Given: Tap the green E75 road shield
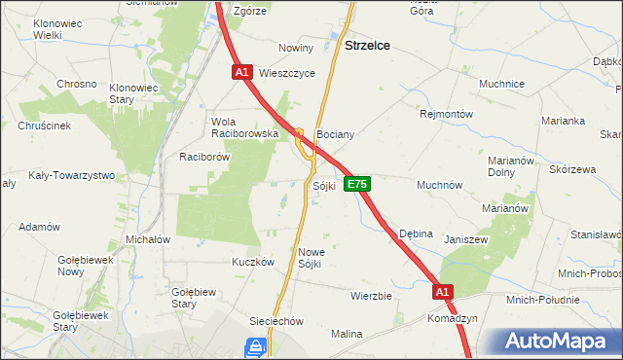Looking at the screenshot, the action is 356,184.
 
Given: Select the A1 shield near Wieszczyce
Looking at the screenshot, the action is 243,72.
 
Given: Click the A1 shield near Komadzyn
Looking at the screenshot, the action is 442,291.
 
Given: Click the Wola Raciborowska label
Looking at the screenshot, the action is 245,127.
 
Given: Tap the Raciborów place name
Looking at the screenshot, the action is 203,156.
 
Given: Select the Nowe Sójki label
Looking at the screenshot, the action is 311,257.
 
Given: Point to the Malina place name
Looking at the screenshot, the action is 346,334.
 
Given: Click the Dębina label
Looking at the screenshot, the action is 417,234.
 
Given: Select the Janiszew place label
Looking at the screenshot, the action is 465,238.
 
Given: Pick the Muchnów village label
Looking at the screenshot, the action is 439,184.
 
